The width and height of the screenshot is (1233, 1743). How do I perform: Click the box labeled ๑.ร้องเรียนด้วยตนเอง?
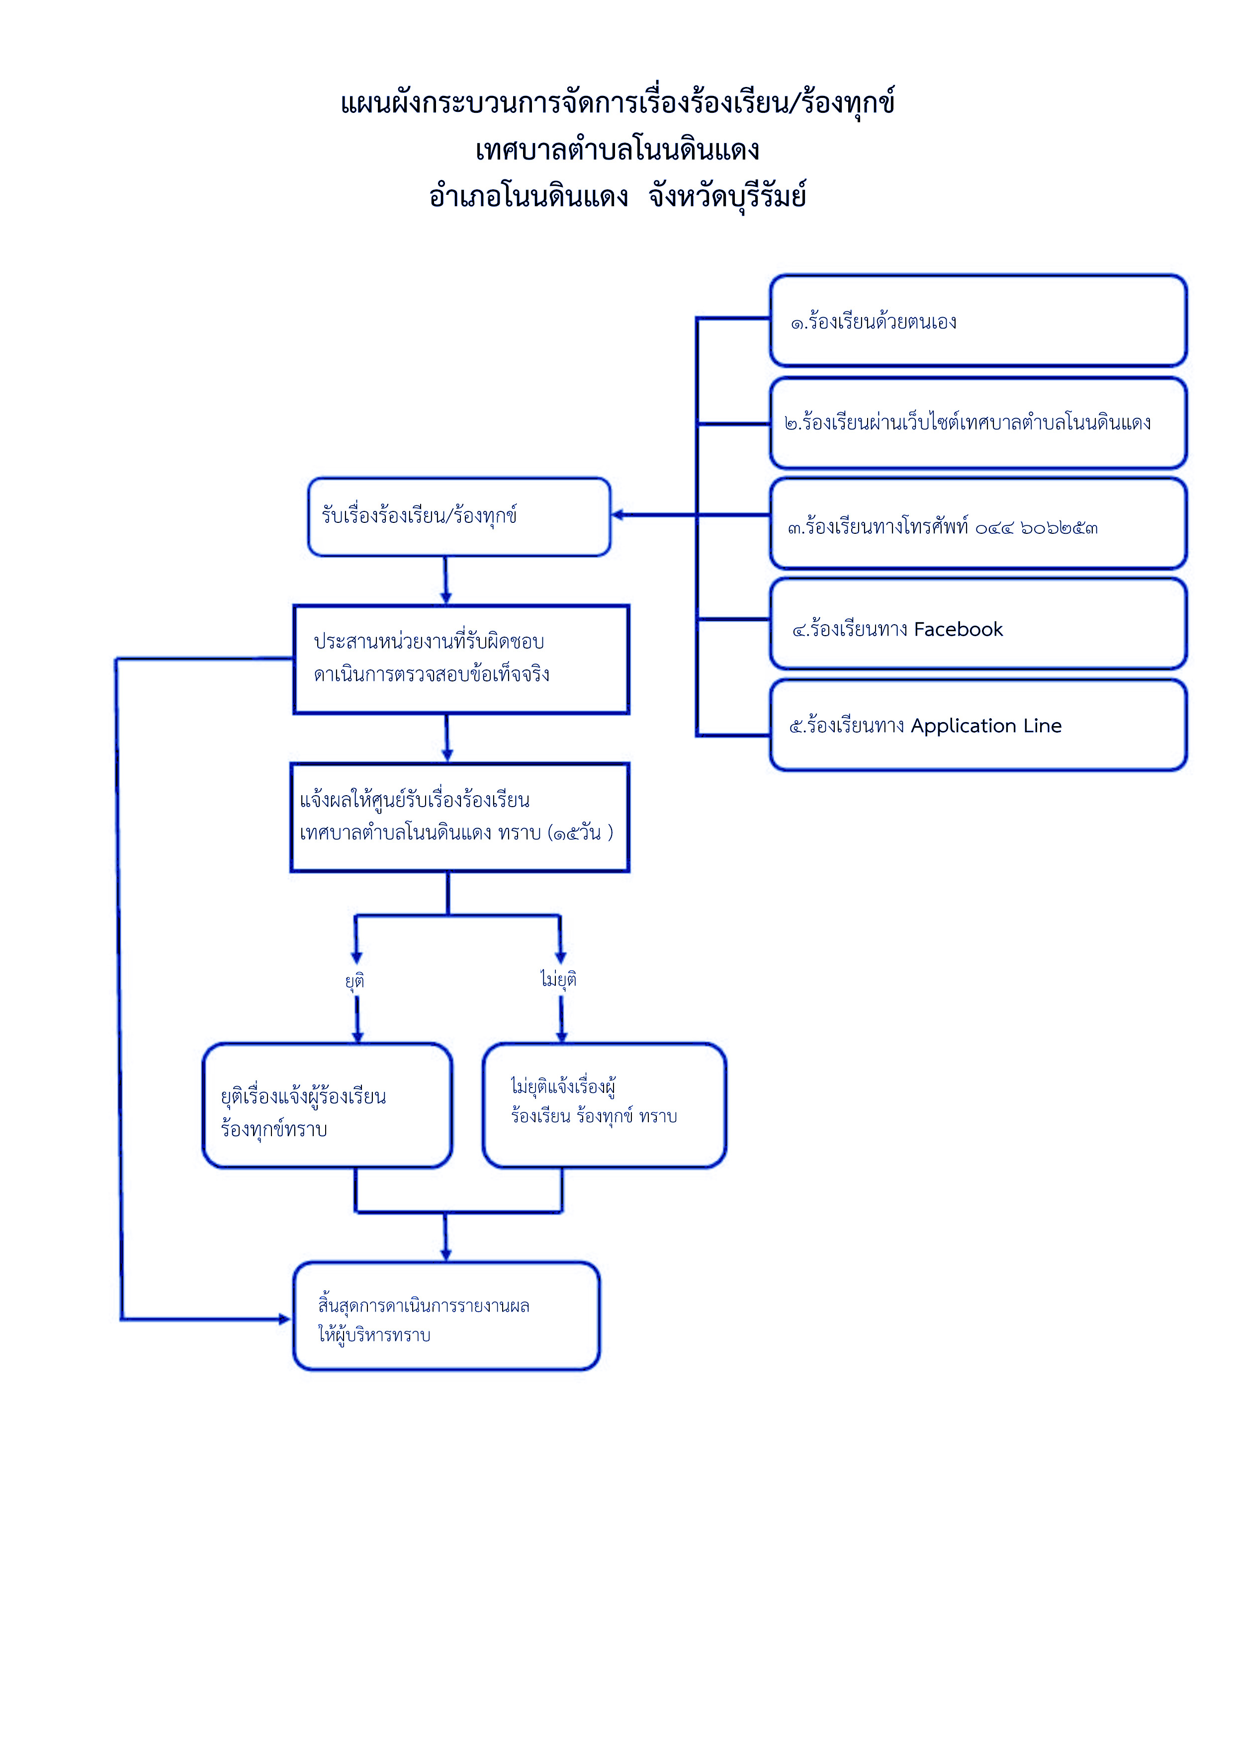tap(978, 321)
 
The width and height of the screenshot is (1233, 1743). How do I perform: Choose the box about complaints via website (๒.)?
tap(978, 423)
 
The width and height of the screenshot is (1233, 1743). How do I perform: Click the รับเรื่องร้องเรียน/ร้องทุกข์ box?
tap(459, 517)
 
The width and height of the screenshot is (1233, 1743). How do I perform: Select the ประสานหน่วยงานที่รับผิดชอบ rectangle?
tap(461, 659)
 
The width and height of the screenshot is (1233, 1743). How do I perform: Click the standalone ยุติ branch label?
tap(354, 980)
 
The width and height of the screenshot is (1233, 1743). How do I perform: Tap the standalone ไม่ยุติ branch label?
tap(559, 979)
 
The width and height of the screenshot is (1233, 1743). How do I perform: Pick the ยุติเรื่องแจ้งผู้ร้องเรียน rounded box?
tap(327, 1105)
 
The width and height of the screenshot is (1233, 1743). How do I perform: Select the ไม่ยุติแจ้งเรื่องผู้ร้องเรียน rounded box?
tap(605, 1105)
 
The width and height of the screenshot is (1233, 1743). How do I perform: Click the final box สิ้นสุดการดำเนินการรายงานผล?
tap(446, 1316)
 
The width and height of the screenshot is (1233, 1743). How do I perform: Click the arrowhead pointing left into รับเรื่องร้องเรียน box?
tap(618, 515)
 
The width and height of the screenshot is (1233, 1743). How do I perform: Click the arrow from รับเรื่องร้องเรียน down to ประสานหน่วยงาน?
tap(445, 580)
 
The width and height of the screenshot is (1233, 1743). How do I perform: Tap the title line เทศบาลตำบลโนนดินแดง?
tap(617, 150)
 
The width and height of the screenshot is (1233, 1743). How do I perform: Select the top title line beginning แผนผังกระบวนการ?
tap(617, 102)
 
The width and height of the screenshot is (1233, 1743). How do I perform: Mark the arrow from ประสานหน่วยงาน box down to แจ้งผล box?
tap(447, 738)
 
